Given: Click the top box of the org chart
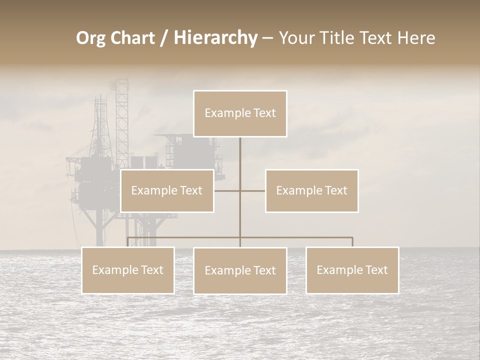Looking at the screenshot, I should pyautogui.click(x=240, y=113).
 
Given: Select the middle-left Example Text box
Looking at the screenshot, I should pyautogui.click(x=167, y=191).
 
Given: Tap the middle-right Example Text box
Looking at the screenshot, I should pyautogui.click(x=311, y=191).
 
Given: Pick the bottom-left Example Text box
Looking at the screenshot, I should pyautogui.click(x=128, y=270).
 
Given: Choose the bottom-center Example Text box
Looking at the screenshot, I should pyautogui.click(x=240, y=271).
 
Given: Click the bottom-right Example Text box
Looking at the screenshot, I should pyautogui.click(x=352, y=270).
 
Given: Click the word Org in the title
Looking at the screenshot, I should pyautogui.click(x=90, y=38).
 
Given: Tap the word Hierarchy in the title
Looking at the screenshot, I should pyautogui.click(x=215, y=38).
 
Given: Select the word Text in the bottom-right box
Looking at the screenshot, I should pyautogui.click(x=376, y=270).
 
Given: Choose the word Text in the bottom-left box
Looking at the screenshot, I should pyautogui.click(x=152, y=270).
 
